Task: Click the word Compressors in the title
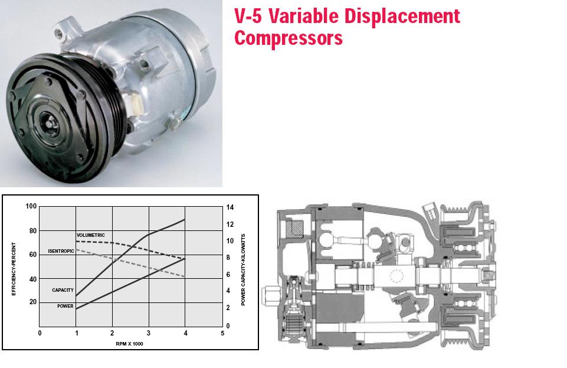point(289,38)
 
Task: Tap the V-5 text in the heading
point(248,16)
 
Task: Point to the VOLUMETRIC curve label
point(91,235)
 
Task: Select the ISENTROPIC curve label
point(61,251)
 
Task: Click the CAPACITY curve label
point(63,290)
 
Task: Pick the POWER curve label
point(65,306)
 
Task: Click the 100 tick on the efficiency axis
point(31,206)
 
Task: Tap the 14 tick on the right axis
point(230,207)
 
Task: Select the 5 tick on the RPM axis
point(222,333)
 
